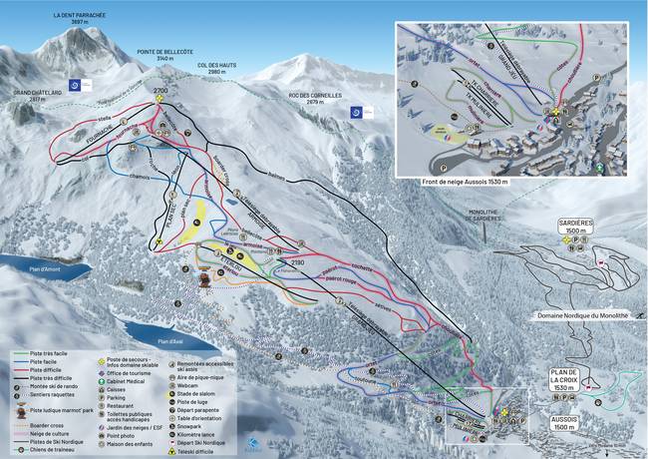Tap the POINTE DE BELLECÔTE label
(162, 56)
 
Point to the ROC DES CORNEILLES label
(314, 98)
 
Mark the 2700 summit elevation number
(161, 91)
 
